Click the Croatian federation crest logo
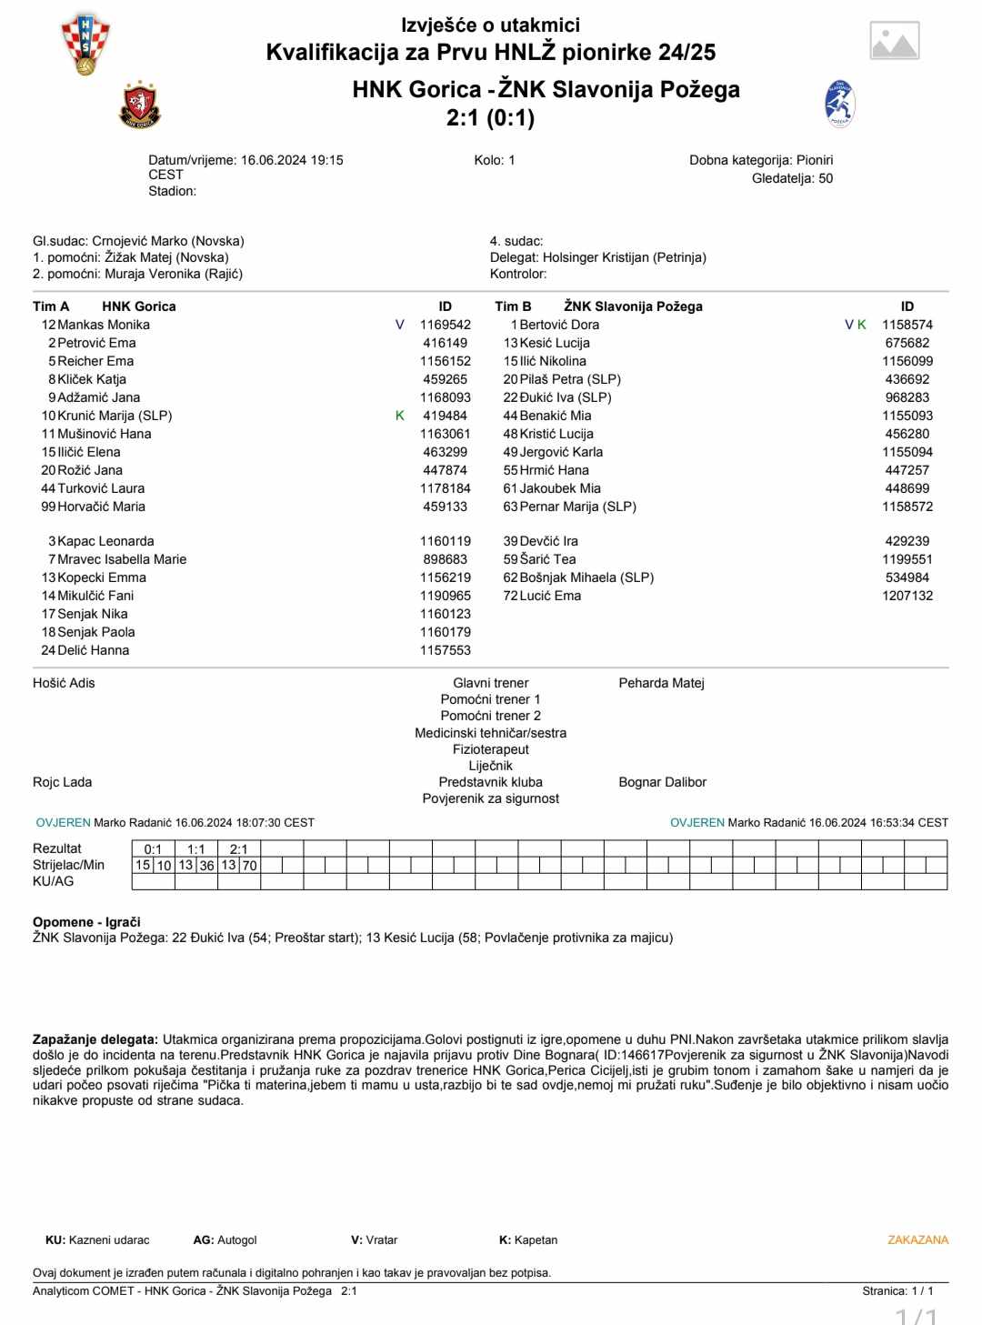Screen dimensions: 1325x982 (x=85, y=44)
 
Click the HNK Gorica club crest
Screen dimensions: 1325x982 (x=140, y=105)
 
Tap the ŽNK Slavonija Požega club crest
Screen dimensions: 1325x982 (x=839, y=104)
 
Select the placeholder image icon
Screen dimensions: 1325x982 (x=895, y=41)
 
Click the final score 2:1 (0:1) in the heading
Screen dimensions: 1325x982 (x=490, y=118)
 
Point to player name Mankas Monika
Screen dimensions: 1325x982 (x=104, y=325)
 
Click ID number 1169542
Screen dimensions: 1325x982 (x=445, y=325)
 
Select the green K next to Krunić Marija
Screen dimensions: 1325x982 (x=400, y=416)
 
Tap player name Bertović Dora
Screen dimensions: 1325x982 (x=559, y=325)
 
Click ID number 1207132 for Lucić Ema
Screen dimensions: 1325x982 (x=907, y=596)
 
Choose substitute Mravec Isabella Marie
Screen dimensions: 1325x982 (x=122, y=559)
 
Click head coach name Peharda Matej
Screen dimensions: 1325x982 (x=661, y=683)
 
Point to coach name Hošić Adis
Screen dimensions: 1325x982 (x=64, y=683)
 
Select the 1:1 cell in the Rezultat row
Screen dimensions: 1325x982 (x=195, y=849)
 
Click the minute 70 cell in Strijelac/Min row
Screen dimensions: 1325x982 (x=249, y=866)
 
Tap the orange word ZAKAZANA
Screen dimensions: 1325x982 (x=917, y=1240)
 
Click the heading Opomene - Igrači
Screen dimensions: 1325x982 (x=86, y=922)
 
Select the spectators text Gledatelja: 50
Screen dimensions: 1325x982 (x=792, y=178)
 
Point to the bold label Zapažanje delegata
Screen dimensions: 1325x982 (x=95, y=1039)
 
